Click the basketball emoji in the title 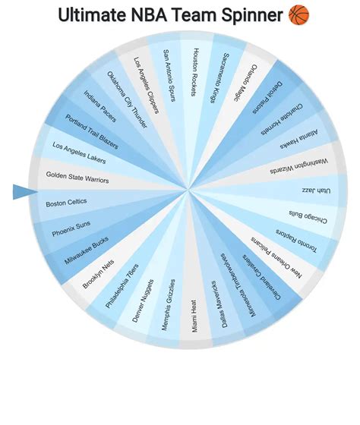(299, 14)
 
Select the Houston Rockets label (196, 73)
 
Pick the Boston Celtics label (66, 203)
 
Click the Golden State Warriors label (77, 177)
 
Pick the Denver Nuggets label (147, 301)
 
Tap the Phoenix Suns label (71, 228)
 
